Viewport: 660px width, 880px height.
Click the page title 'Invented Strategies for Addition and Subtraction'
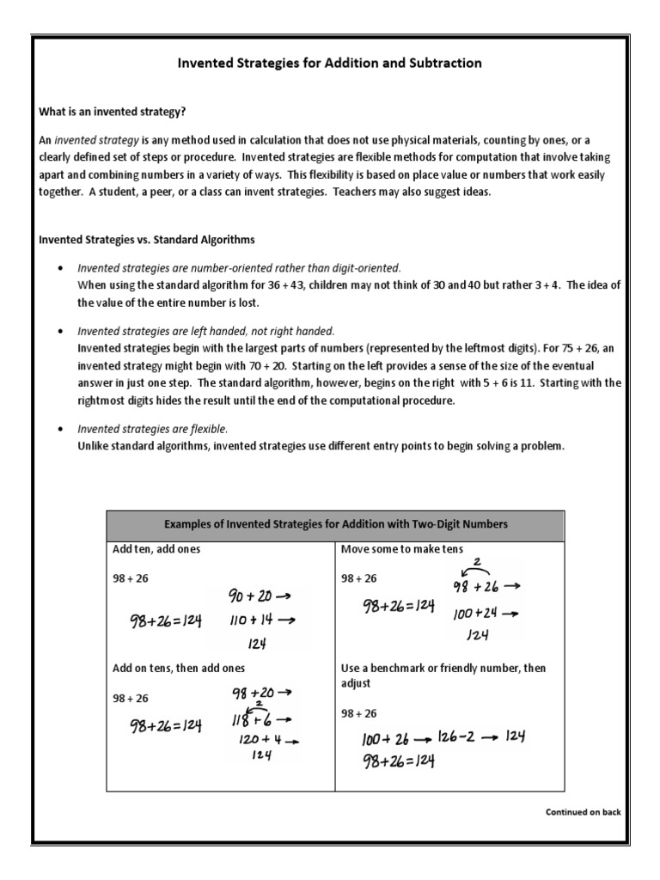tap(329, 63)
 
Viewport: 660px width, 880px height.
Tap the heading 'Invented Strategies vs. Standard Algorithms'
tap(147, 239)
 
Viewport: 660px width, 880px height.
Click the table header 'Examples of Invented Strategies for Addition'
tap(336, 524)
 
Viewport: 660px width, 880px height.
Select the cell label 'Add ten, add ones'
tap(156, 548)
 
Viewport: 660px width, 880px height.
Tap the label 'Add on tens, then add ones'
tap(179, 668)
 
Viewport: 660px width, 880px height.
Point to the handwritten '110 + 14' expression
tap(252, 620)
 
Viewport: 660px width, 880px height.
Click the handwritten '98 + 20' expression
tap(253, 692)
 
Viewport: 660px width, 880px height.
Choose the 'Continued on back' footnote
tap(583, 811)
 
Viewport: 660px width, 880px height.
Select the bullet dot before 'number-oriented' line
tap(59, 268)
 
